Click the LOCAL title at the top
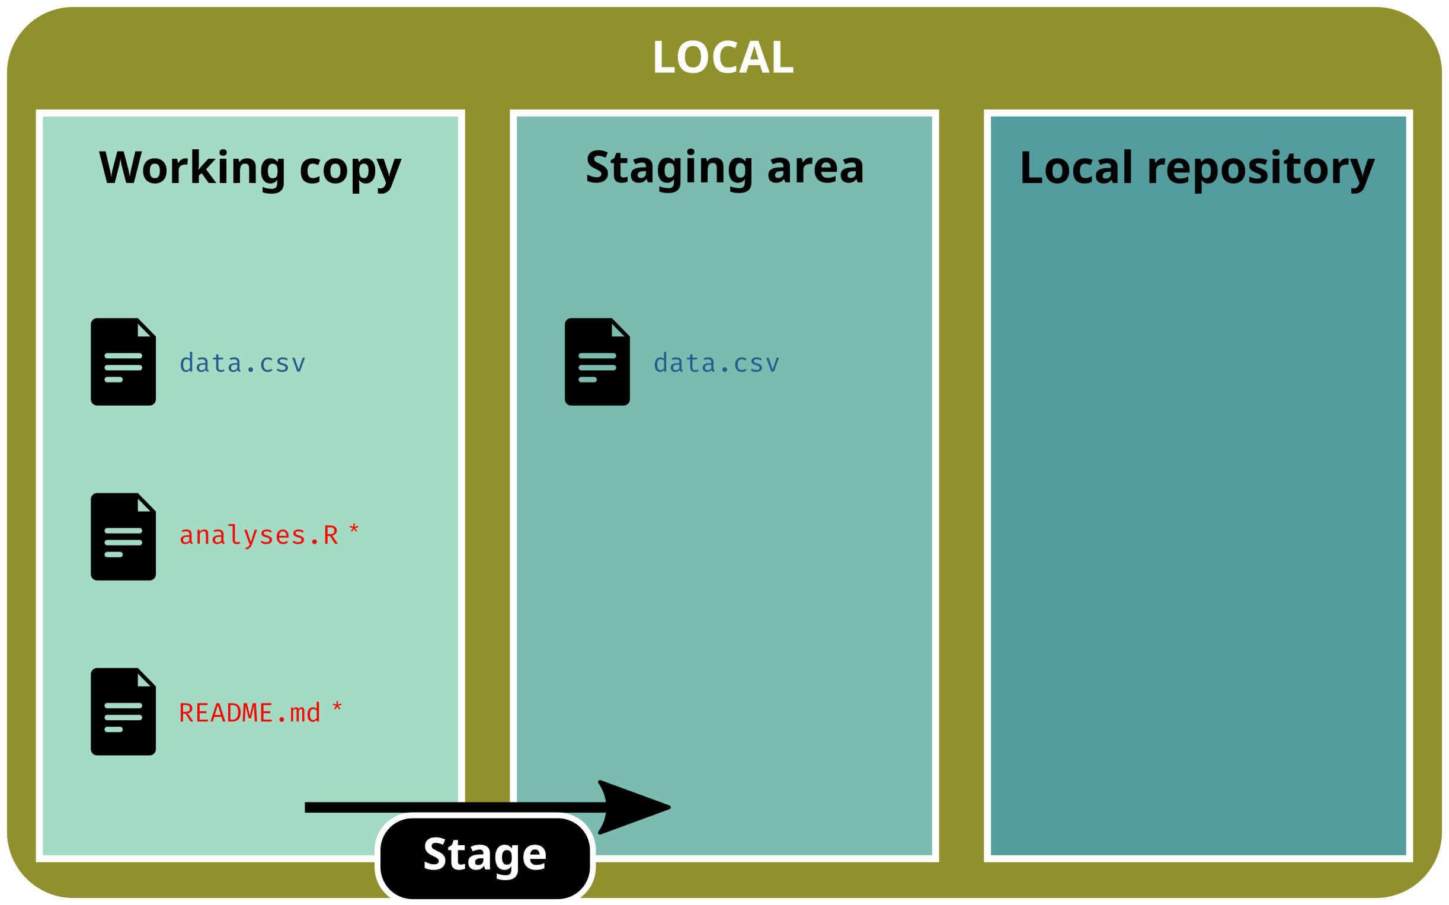(723, 57)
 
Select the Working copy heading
(250, 168)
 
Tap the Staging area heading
(724, 168)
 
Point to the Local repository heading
(1198, 168)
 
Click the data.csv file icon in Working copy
(123, 362)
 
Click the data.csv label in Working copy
(242, 364)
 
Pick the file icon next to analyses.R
(123, 537)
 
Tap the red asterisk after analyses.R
(354, 529)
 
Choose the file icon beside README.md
(123, 712)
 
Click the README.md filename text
(250, 713)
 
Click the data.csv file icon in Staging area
(597, 362)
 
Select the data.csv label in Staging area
(716, 364)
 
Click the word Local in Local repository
(1076, 168)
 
